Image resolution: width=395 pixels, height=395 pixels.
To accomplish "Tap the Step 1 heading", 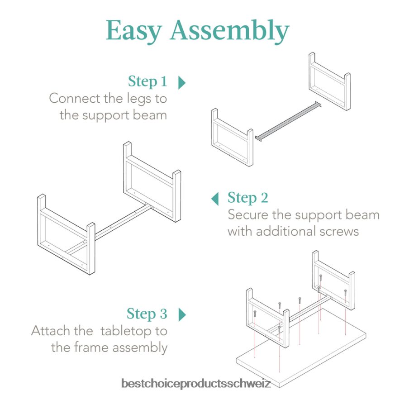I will tap(148, 81).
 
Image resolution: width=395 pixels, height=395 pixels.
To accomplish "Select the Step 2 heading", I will tap(247, 198).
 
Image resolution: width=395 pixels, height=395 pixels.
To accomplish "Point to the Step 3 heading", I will tap(147, 314).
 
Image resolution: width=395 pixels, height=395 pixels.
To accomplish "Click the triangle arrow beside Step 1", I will tap(182, 82).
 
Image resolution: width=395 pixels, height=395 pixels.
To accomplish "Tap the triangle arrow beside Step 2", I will tap(215, 198).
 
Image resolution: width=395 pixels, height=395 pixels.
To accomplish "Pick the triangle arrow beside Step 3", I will tap(182, 314).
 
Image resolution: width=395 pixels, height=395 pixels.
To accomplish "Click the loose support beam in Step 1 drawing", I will tap(288, 121).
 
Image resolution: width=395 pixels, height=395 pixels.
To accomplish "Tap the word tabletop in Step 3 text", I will tap(127, 331).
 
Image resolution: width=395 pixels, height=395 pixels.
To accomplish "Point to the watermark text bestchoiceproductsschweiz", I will tap(196, 384).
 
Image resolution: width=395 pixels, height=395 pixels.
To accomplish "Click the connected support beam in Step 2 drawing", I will tap(122, 222).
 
